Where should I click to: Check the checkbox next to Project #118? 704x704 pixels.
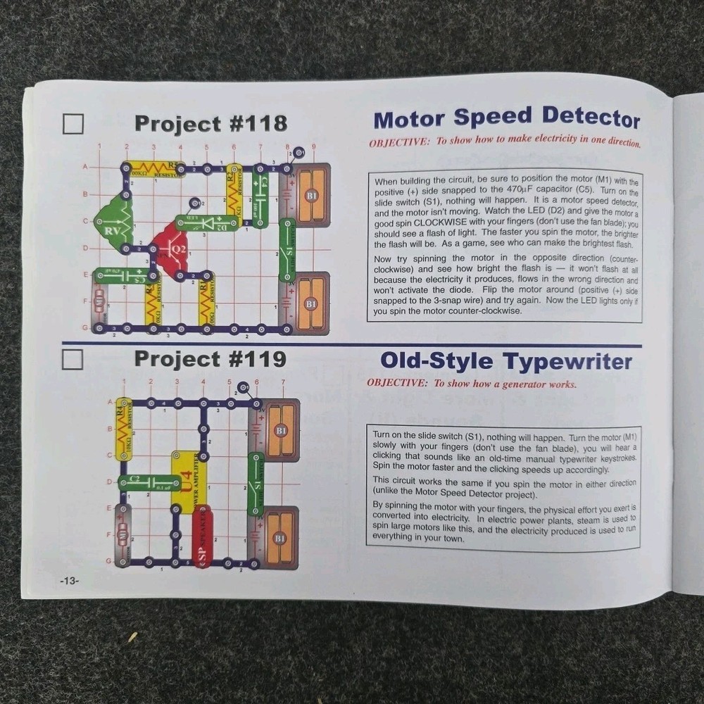pos(73,124)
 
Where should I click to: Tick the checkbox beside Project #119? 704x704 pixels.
pos(73,360)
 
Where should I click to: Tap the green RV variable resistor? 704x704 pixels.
pos(113,222)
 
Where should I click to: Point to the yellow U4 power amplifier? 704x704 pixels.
pos(184,482)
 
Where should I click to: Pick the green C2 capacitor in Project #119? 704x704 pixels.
pos(149,482)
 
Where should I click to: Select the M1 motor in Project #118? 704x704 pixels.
pos(99,301)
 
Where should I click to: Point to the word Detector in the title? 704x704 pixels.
pos(591,118)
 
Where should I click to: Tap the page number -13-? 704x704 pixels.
pos(70,581)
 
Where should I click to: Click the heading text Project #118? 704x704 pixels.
pos(210,124)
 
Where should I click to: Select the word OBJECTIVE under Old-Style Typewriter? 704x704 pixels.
pos(396,384)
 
